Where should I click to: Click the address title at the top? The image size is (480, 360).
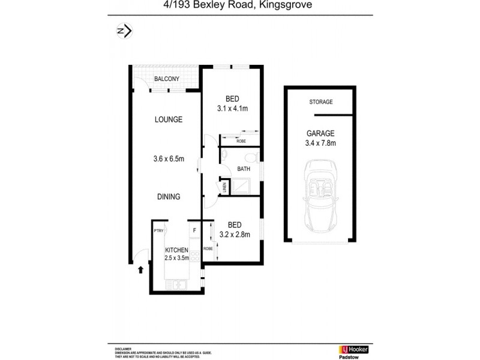(240, 7)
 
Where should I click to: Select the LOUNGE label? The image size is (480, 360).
(169, 119)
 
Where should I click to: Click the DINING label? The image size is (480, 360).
(169, 196)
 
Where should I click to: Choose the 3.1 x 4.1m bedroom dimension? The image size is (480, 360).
(232, 109)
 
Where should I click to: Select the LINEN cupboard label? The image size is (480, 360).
(224, 188)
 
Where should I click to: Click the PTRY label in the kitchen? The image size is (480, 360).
(159, 230)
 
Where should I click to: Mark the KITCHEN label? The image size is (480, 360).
(177, 250)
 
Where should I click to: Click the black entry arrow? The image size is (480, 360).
(140, 270)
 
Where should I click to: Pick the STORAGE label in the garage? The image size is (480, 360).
(320, 103)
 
